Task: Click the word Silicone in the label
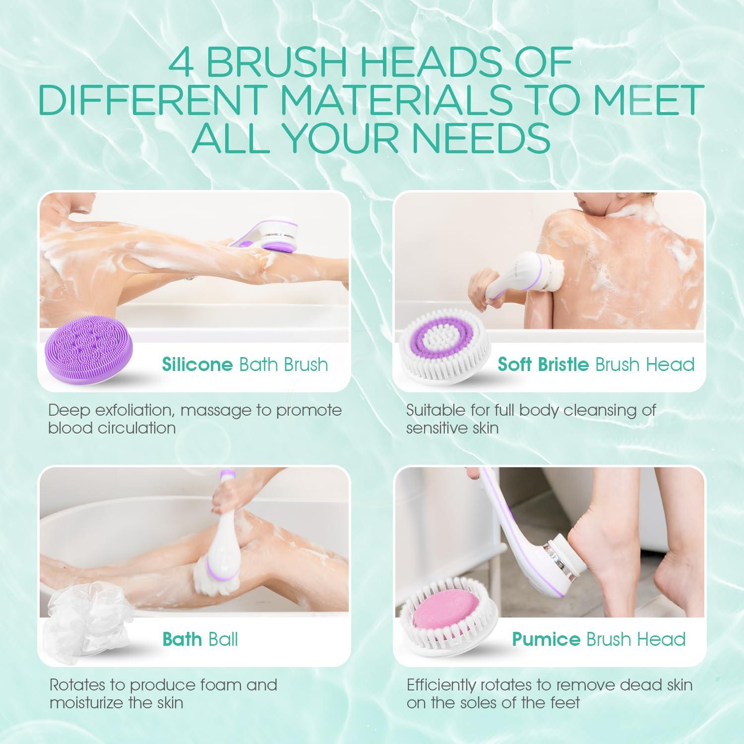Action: [x=197, y=365]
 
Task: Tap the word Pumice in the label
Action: [x=546, y=639]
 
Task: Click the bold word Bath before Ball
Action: [x=182, y=639]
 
